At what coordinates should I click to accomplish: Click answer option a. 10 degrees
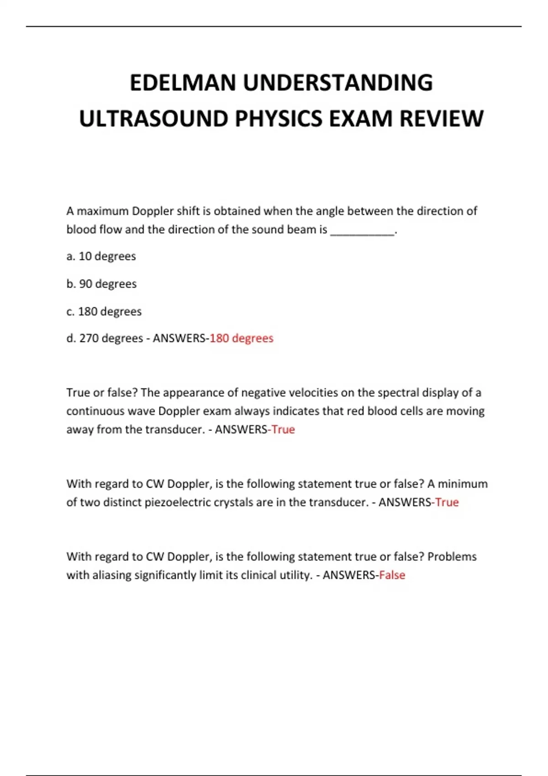[101, 256]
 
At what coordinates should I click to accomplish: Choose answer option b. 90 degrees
[101, 284]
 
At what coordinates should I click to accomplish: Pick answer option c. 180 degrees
[104, 311]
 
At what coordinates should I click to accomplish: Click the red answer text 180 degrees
[241, 338]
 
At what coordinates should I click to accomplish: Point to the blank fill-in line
[362, 231]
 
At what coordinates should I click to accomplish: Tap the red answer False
[392, 575]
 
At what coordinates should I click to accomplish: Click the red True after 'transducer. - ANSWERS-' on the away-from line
[283, 430]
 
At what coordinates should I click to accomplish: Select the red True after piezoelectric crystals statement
[447, 502]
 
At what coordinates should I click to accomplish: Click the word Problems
[452, 556]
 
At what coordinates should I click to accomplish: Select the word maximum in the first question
[103, 211]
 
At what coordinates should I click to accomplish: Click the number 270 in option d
[89, 338]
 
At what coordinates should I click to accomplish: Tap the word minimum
[463, 483]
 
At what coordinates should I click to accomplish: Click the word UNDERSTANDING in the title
[337, 83]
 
